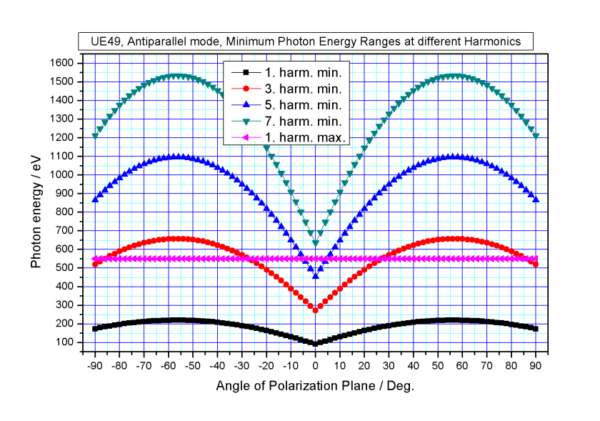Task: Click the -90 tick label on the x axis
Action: pyautogui.click(x=94, y=365)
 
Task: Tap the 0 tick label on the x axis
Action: pyautogui.click(x=316, y=365)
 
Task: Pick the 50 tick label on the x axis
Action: pyautogui.click(x=439, y=365)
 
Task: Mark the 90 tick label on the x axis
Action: pyautogui.click(x=536, y=365)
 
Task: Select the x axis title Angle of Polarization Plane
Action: pyautogui.click(x=315, y=385)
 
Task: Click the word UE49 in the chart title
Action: pyautogui.click(x=99, y=41)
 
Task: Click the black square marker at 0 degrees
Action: pyautogui.click(x=316, y=343)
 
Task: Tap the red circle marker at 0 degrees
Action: pyautogui.click(x=316, y=309)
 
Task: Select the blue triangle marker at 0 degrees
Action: pyautogui.click(x=316, y=275)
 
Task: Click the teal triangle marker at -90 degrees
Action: pyautogui.click(x=95, y=136)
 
